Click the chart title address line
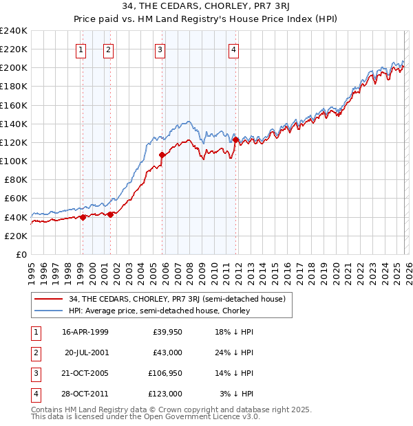point(206,8)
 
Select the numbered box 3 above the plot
point(160,49)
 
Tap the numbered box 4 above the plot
point(234,49)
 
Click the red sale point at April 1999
point(83,217)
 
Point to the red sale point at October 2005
point(162,155)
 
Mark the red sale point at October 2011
point(235,139)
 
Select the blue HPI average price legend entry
point(159,311)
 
